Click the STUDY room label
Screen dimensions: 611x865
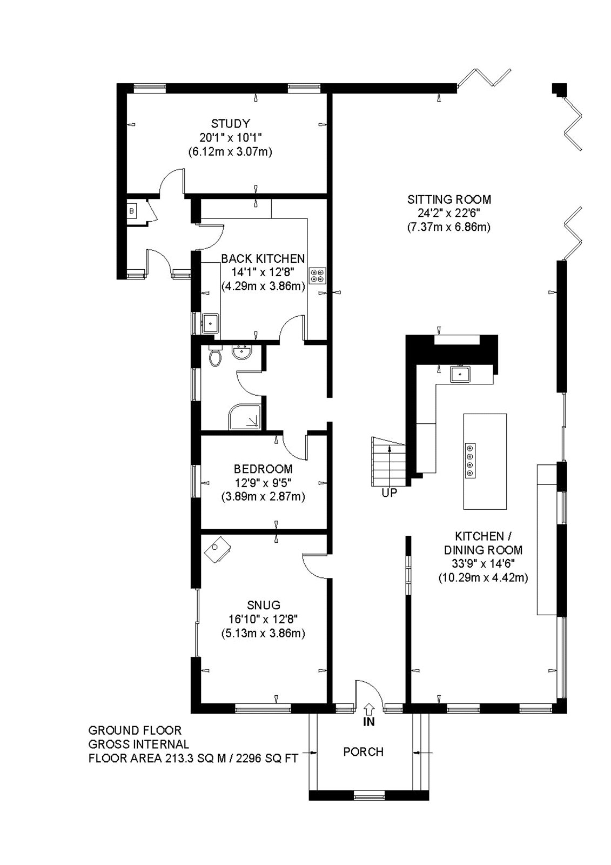231,124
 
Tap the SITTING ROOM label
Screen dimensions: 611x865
449,199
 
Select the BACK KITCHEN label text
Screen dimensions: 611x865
263,258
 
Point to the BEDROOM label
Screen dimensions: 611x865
263,469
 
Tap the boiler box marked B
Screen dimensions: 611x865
132,211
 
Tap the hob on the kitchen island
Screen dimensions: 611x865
470,461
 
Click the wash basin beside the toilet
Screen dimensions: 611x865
243,352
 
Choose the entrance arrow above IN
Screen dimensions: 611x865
369,709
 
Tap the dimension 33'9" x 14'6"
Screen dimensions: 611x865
484,563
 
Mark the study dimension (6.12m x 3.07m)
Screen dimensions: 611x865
231,151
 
